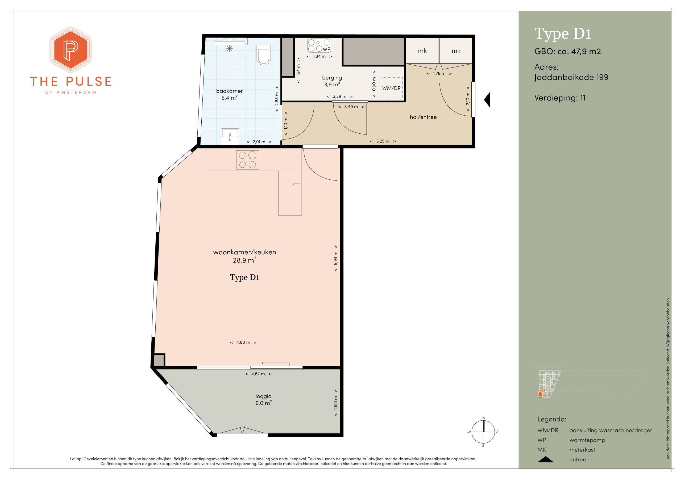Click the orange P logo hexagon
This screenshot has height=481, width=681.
pos(70,50)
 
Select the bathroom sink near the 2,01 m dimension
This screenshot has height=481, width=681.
pos(230,136)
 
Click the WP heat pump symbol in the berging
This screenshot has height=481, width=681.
pos(319,46)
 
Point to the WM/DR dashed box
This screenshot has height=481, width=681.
pos(392,88)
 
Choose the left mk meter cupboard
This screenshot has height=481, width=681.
pos(422,51)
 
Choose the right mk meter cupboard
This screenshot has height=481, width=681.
pos(456,51)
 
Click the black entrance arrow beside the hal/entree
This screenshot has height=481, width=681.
pos(487,100)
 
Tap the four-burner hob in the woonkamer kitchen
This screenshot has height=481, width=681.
pos(248,160)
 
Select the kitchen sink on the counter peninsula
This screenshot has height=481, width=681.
pos(289,184)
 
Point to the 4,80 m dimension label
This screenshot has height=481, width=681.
pos(243,342)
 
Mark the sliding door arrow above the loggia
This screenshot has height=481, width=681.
pos(276,363)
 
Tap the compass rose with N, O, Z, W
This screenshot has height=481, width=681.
pos(483,432)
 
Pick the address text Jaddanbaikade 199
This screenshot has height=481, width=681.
pos(571,77)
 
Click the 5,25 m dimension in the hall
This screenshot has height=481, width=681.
pos(383,141)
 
